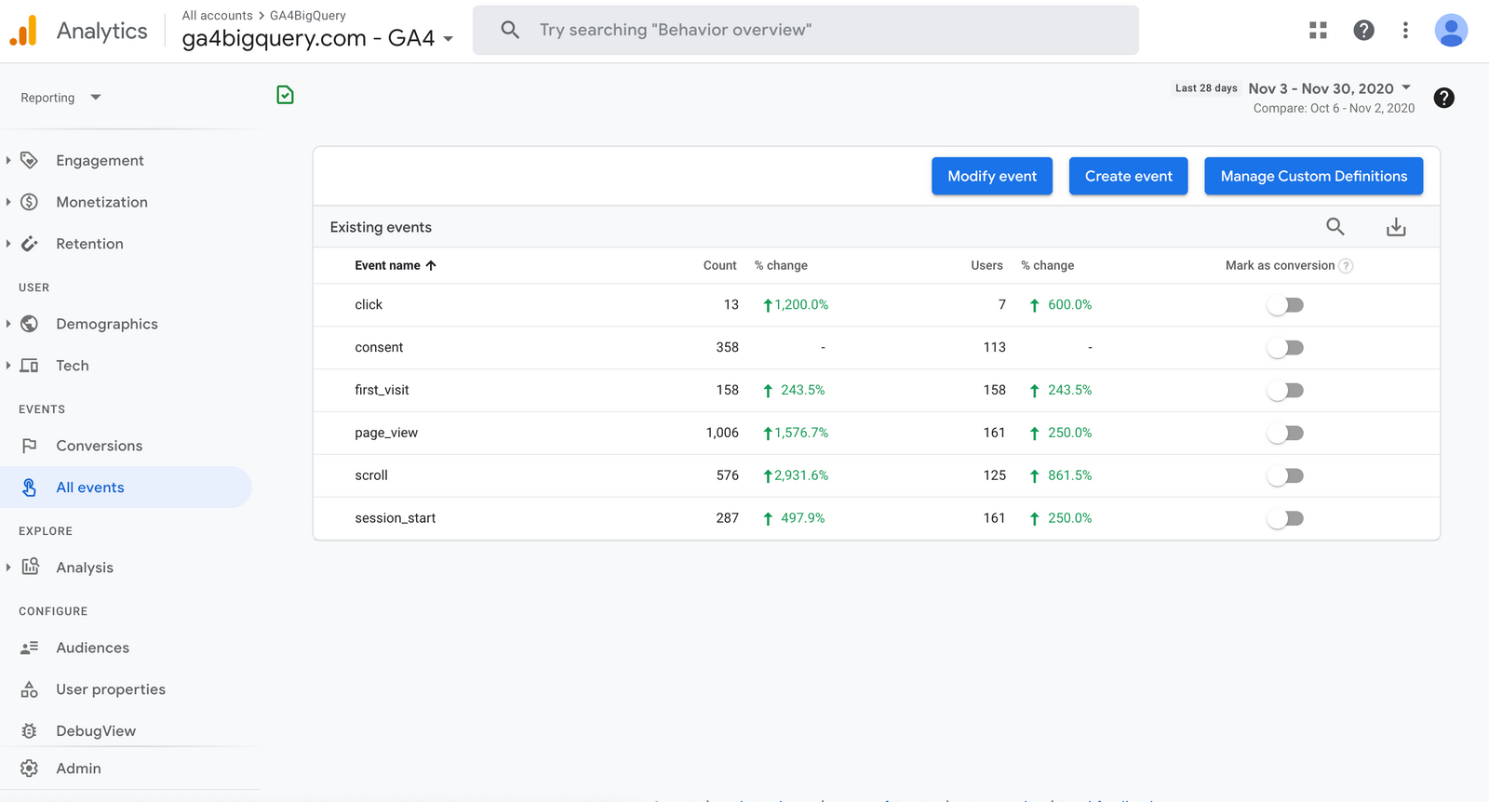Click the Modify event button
tap(991, 176)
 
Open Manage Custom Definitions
tap(1313, 176)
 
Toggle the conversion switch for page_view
tap(1285, 433)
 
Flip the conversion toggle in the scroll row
tap(1285, 475)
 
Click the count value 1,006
tap(722, 433)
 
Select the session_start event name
tap(395, 518)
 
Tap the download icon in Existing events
tap(1396, 227)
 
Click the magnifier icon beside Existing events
tap(1335, 226)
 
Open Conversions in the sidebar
tap(99, 446)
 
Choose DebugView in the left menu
tap(95, 730)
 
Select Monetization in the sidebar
tap(101, 202)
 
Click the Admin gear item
tap(78, 769)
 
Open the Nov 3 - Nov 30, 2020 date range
tap(1329, 88)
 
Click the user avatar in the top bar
tap(1451, 30)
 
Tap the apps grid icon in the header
tap(1318, 30)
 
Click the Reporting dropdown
tap(60, 98)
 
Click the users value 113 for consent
tap(994, 347)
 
